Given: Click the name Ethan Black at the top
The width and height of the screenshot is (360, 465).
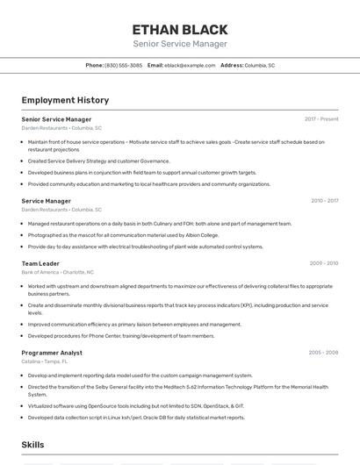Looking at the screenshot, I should tap(180, 29).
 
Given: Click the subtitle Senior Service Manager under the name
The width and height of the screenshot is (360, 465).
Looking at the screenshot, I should tap(180, 44).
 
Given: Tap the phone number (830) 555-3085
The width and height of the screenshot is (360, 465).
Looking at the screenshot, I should tap(124, 65).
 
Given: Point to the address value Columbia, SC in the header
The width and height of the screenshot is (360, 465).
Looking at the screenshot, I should tap(259, 65).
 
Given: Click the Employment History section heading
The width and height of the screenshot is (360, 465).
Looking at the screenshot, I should tap(65, 101).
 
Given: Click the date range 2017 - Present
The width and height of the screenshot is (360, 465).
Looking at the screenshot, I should tap(321, 119).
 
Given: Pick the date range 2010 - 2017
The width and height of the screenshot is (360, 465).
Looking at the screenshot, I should tap(324, 201).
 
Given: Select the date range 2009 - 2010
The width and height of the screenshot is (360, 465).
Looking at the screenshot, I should tap(323, 263).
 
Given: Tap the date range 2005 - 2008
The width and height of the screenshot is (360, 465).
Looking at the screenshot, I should tap(323, 353).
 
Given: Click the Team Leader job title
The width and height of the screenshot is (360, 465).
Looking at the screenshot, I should tap(40, 263).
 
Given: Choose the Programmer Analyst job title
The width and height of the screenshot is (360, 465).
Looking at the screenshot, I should tap(52, 353).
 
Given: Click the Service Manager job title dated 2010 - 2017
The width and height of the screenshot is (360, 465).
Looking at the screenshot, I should tap(47, 201).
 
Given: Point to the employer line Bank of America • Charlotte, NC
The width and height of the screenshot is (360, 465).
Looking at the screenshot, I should tap(58, 273).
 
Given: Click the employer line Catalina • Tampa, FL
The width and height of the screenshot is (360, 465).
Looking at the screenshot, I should tap(45, 361).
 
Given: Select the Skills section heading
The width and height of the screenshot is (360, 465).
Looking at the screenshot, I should tap(33, 445).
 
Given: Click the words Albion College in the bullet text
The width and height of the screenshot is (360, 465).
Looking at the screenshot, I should tap(201, 235).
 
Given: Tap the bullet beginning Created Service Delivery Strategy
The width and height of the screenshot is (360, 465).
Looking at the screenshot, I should tap(98, 161).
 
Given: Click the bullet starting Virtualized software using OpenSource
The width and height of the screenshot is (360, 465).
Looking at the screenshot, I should tap(135, 406).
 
